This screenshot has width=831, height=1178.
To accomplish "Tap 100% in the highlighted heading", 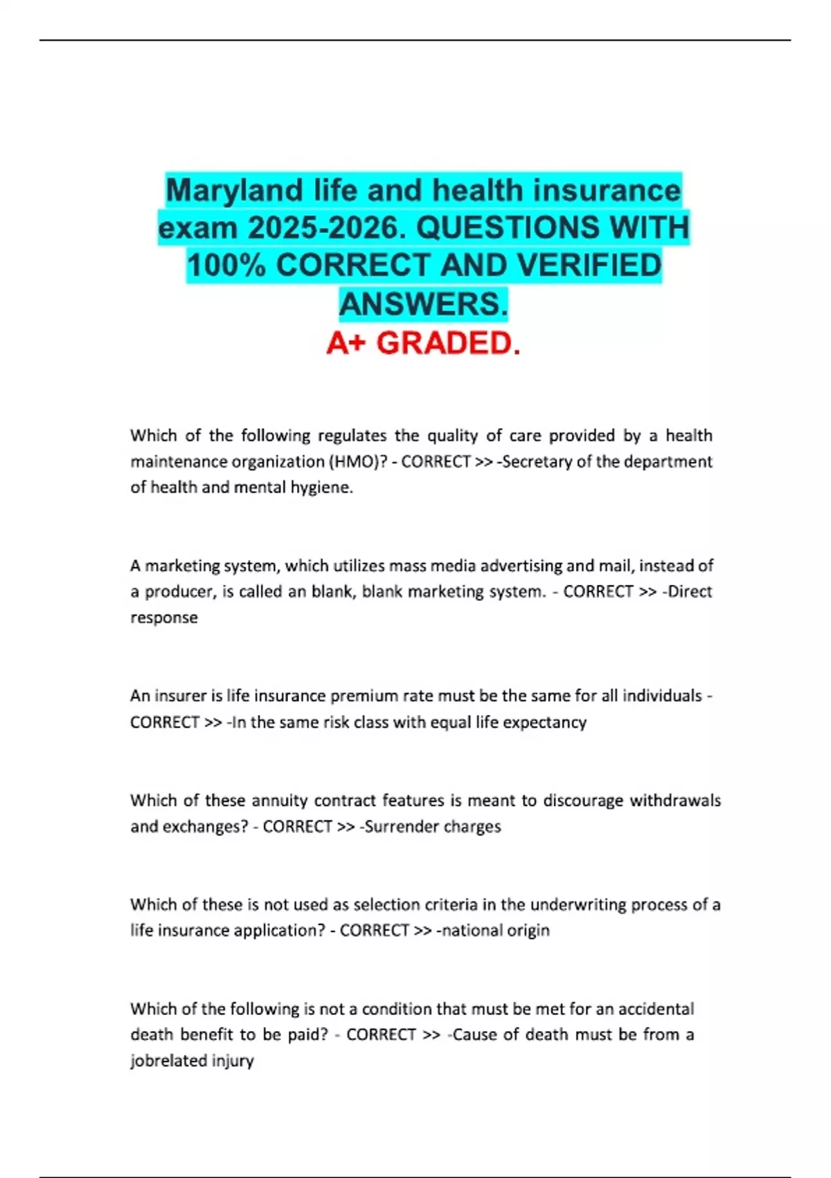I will [226, 266].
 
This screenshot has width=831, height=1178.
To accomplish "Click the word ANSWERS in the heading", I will [423, 304].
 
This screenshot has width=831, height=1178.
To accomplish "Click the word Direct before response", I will [688, 592].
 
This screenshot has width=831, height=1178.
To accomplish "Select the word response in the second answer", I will [164, 617].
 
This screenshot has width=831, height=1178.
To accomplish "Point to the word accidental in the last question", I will [656, 1009].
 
